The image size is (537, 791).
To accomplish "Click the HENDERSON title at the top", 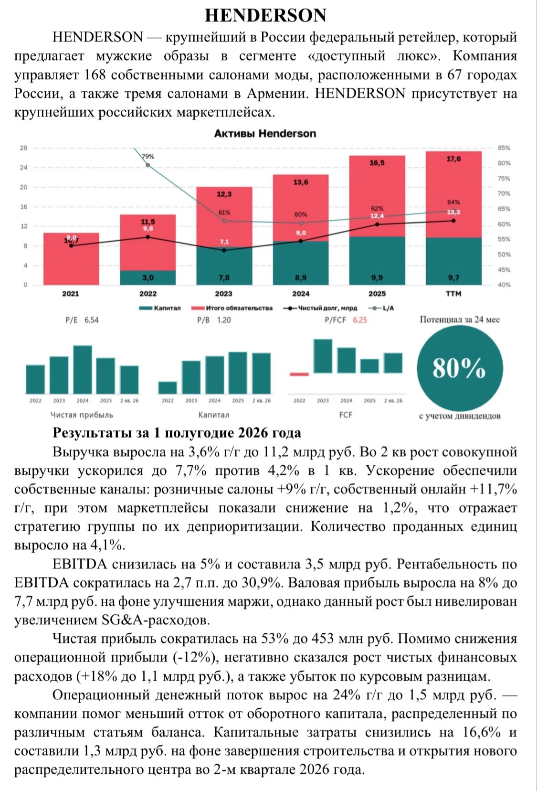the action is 265,15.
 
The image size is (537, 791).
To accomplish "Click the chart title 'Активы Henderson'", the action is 265,133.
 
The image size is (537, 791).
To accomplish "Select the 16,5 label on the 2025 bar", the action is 377,163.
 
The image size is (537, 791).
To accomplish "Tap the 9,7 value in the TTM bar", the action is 453,278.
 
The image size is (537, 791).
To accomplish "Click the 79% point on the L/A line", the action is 148,165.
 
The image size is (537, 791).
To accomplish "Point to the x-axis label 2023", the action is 224,293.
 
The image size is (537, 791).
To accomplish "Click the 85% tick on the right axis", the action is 504,148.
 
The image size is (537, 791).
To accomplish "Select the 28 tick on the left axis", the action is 24,148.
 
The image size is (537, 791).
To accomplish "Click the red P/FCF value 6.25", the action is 360,320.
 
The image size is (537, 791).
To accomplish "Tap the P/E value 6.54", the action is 91,320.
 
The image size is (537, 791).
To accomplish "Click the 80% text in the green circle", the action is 459,368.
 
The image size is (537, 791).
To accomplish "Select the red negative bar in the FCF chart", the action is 299,374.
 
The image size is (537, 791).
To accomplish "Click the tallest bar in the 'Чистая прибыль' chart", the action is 83,369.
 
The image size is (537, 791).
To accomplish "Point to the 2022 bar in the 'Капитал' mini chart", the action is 168,388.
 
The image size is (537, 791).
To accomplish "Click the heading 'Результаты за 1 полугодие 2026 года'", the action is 177,433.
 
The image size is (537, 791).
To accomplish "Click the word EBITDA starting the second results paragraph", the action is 80,564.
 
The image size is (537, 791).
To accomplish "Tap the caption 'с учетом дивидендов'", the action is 460,416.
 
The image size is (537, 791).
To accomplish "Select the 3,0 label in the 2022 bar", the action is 148,278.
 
